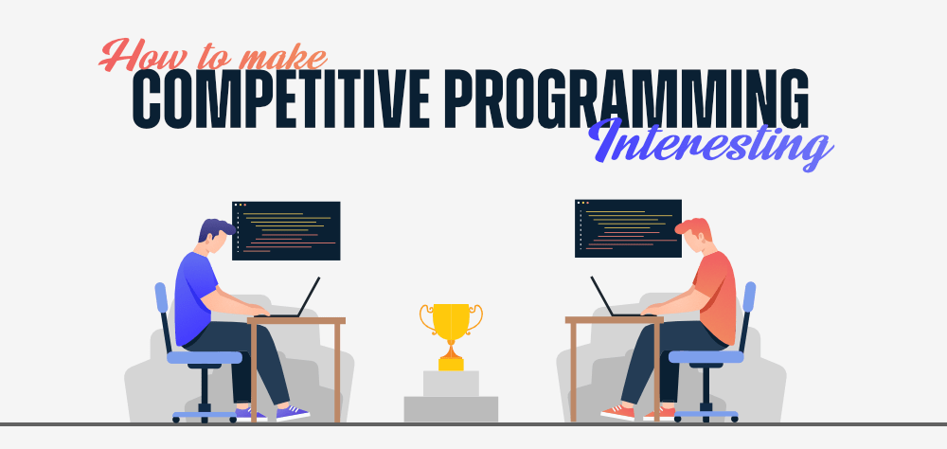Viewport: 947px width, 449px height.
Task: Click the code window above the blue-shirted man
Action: click(x=286, y=231)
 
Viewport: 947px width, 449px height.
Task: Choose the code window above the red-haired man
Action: click(x=628, y=228)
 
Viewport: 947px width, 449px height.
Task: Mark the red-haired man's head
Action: click(x=695, y=235)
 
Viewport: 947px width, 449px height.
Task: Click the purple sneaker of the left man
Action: click(x=293, y=412)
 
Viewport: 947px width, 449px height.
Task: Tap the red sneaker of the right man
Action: click(x=617, y=412)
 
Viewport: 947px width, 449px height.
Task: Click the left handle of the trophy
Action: click(x=426, y=318)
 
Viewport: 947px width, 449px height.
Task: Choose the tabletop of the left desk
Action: click(x=296, y=321)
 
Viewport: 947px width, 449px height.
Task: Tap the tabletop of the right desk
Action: click(x=615, y=320)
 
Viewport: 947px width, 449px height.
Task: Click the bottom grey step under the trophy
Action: click(x=451, y=409)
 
